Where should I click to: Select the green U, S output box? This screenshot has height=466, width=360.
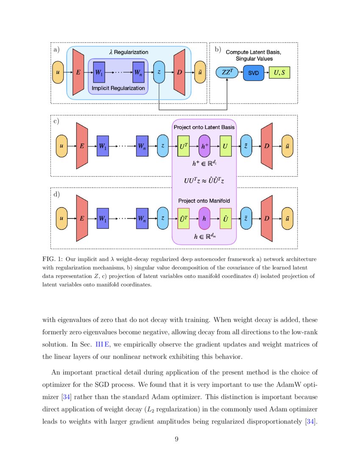(x=280, y=73)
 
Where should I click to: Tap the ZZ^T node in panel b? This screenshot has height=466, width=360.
(x=227, y=73)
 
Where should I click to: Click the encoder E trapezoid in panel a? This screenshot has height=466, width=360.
(x=78, y=72)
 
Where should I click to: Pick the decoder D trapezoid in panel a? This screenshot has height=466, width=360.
(x=180, y=72)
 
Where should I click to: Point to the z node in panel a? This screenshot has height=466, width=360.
(x=159, y=72)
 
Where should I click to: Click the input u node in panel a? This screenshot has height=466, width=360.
(x=58, y=72)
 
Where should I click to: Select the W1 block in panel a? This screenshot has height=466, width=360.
(x=99, y=72)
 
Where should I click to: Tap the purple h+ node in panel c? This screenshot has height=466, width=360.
(x=205, y=146)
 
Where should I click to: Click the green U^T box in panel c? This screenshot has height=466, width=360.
(x=184, y=146)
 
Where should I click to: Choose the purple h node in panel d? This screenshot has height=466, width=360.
(x=205, y=219)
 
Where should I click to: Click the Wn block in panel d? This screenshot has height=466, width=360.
(x=142, y=219)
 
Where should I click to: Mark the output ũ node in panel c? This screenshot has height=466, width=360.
(x=288, y=146)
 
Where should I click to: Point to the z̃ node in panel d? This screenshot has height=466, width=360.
(x=246, y=219)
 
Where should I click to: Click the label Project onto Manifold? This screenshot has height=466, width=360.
(x=204, y=200)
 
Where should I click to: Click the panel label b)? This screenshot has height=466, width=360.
(x=218, y=50)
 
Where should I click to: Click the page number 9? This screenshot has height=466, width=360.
(x=180, y=439)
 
